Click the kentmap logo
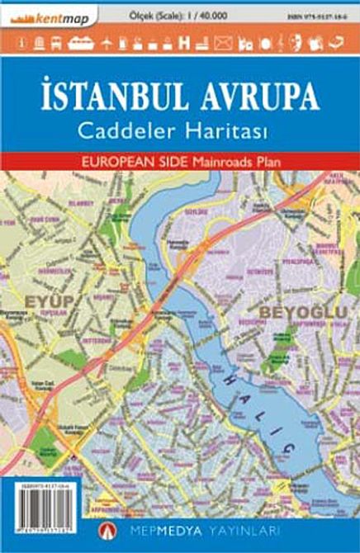[x=51, y=17]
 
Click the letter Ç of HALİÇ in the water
[x=287, y=448]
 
